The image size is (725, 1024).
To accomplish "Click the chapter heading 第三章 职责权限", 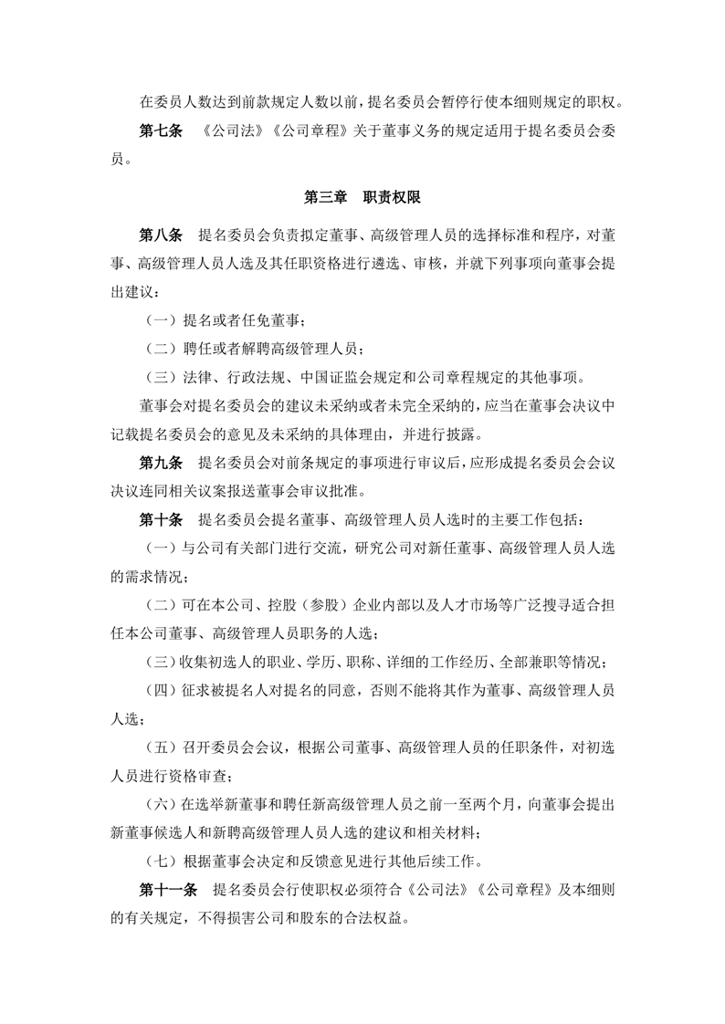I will tap(362, 197).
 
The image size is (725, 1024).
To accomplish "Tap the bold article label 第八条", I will tap(162, 236).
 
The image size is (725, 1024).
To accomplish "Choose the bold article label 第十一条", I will tap(169, 890).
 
